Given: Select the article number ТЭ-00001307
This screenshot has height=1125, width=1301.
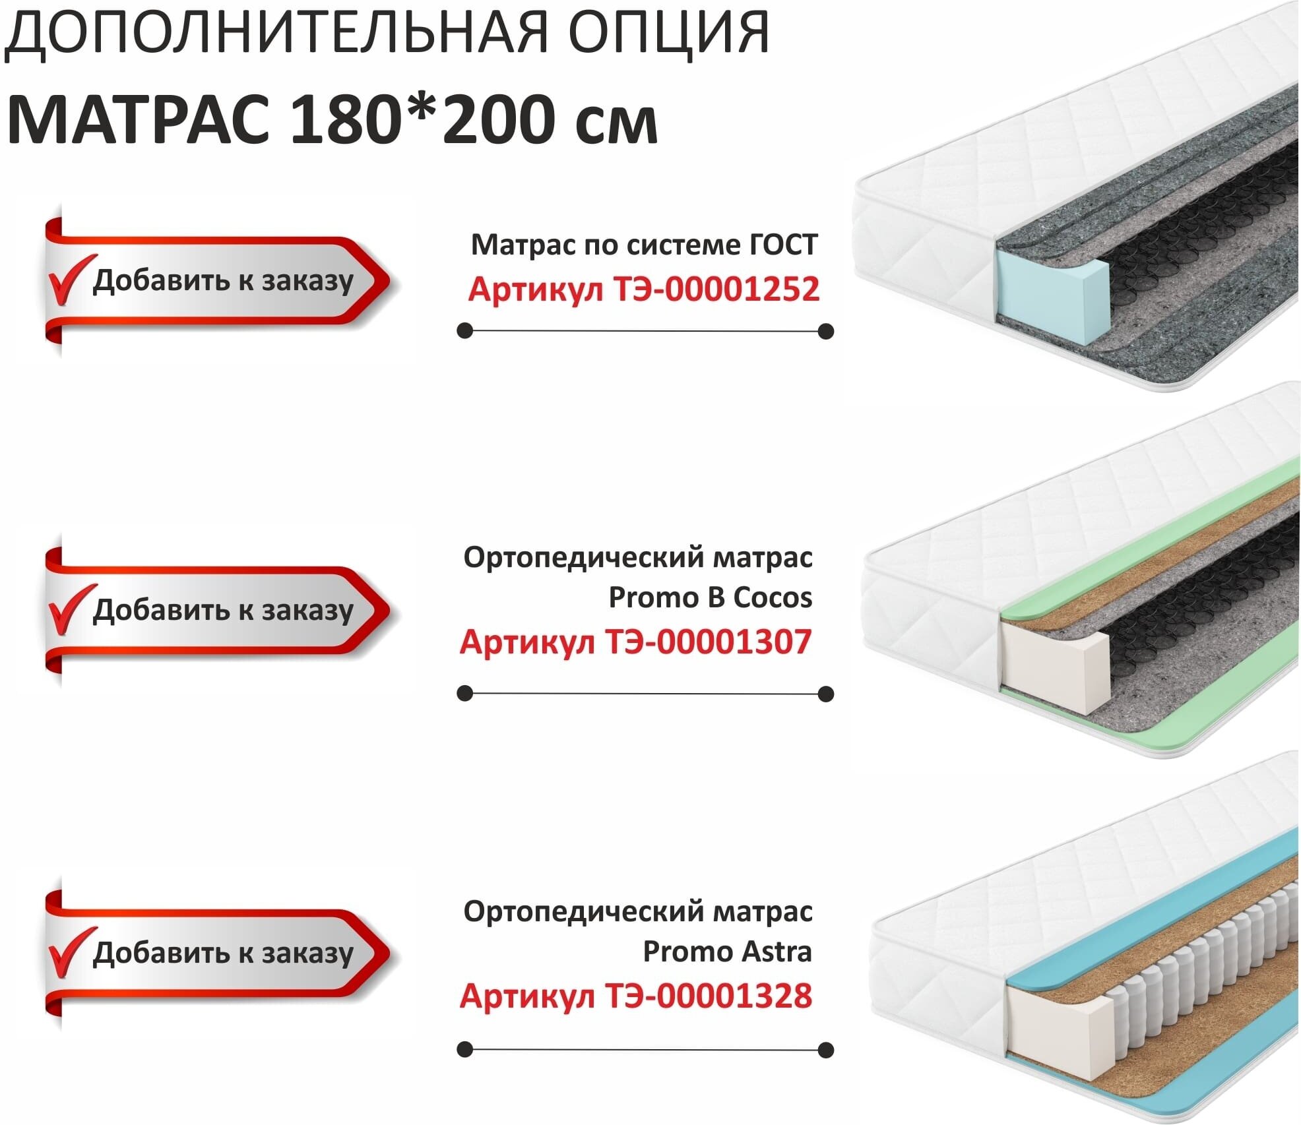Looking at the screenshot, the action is click(x=708, y=642).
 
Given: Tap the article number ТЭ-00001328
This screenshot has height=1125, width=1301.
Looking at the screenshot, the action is click(x=708, y=996).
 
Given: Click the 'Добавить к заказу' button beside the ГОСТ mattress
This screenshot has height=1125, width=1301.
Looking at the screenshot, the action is click(x=218, y=281).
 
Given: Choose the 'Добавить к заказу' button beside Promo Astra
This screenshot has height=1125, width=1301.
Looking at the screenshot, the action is click(x=218, y=954).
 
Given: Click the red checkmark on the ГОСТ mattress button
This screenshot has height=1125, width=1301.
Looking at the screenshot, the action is click(x=69, y=280).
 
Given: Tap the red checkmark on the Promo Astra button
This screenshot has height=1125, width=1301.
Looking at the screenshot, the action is click(x=69, y=952).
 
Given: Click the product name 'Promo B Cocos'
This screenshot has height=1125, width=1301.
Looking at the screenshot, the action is click(x=710, y=597).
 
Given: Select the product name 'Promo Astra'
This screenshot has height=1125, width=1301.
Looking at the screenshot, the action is click(x=727, y=952).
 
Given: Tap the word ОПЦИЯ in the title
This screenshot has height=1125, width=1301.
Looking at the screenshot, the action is click(x=668, y=33).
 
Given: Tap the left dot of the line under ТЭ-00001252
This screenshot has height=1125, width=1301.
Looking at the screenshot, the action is click(x=465, y=330).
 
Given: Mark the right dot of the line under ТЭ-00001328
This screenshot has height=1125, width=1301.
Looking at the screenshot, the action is click(x=825, y=1050).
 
